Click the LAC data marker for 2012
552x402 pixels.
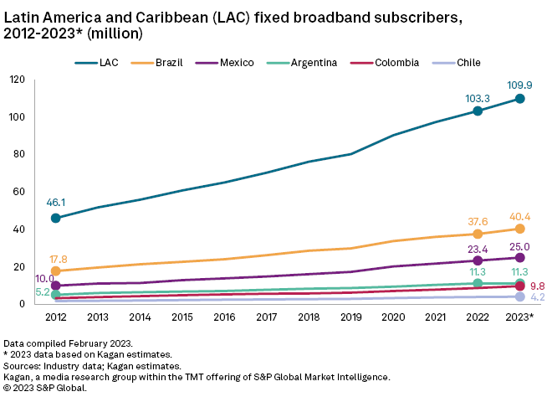pos(55,218)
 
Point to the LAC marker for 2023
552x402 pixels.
pos(519,99)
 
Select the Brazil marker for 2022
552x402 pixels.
pos(477,234)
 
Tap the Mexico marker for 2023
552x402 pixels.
pos(519,257)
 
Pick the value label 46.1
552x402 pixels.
pos(55,202)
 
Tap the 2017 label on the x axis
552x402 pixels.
pos(266,317)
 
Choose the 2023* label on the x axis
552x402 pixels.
pos(519,317)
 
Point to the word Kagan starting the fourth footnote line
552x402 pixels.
pos(19,377)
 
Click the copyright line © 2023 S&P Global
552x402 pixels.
pos(55,388)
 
